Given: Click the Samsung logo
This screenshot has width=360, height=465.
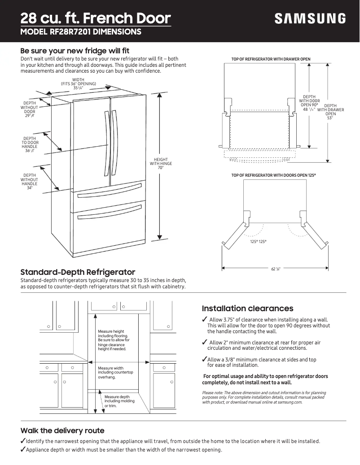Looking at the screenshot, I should [x=310, y=19].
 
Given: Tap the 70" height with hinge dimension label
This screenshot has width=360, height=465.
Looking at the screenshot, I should [x=161, y=164].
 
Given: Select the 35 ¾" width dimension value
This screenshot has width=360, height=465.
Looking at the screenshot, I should [x=78, y=88].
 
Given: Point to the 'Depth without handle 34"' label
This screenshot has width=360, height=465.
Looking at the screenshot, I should [x=30, y=181].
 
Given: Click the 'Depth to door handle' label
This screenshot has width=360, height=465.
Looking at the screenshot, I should [x=30, y=145].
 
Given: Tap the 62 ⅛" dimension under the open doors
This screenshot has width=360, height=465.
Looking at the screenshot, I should [x=276, y=269].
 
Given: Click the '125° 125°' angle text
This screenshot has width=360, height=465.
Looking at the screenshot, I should [x=258, y=242].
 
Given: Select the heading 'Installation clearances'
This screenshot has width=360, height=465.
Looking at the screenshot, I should [x=247, y=309].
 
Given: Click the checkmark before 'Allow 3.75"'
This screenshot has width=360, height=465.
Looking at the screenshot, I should [x=205, y=319].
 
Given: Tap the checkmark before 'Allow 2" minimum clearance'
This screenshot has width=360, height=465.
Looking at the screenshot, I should [x=205, y=342].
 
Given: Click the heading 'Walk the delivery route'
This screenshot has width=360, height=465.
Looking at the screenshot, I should [x=62, y=430].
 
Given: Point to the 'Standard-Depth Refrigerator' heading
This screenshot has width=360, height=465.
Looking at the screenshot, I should [x=78, y=272].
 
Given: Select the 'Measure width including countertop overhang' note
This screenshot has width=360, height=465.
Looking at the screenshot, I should [x=115, y=373].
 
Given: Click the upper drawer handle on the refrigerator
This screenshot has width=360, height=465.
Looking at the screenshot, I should [x=110, y=193].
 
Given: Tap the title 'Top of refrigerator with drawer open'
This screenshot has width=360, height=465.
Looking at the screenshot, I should [x=271, y=59].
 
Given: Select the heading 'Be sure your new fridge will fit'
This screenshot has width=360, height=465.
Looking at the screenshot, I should [x=75, y=51].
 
